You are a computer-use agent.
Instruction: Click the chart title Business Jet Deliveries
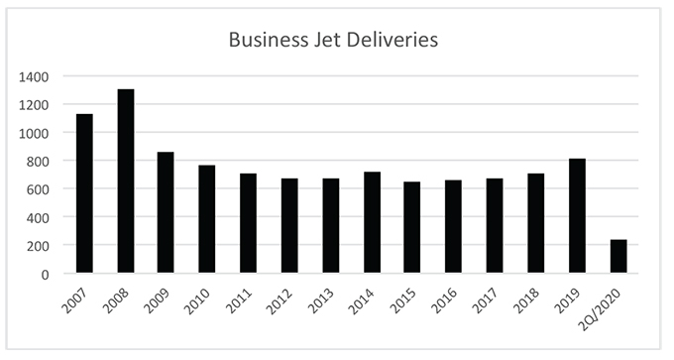[333, 41]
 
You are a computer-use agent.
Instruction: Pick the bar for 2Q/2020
[618, 256]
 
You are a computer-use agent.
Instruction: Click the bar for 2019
[577, 215]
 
